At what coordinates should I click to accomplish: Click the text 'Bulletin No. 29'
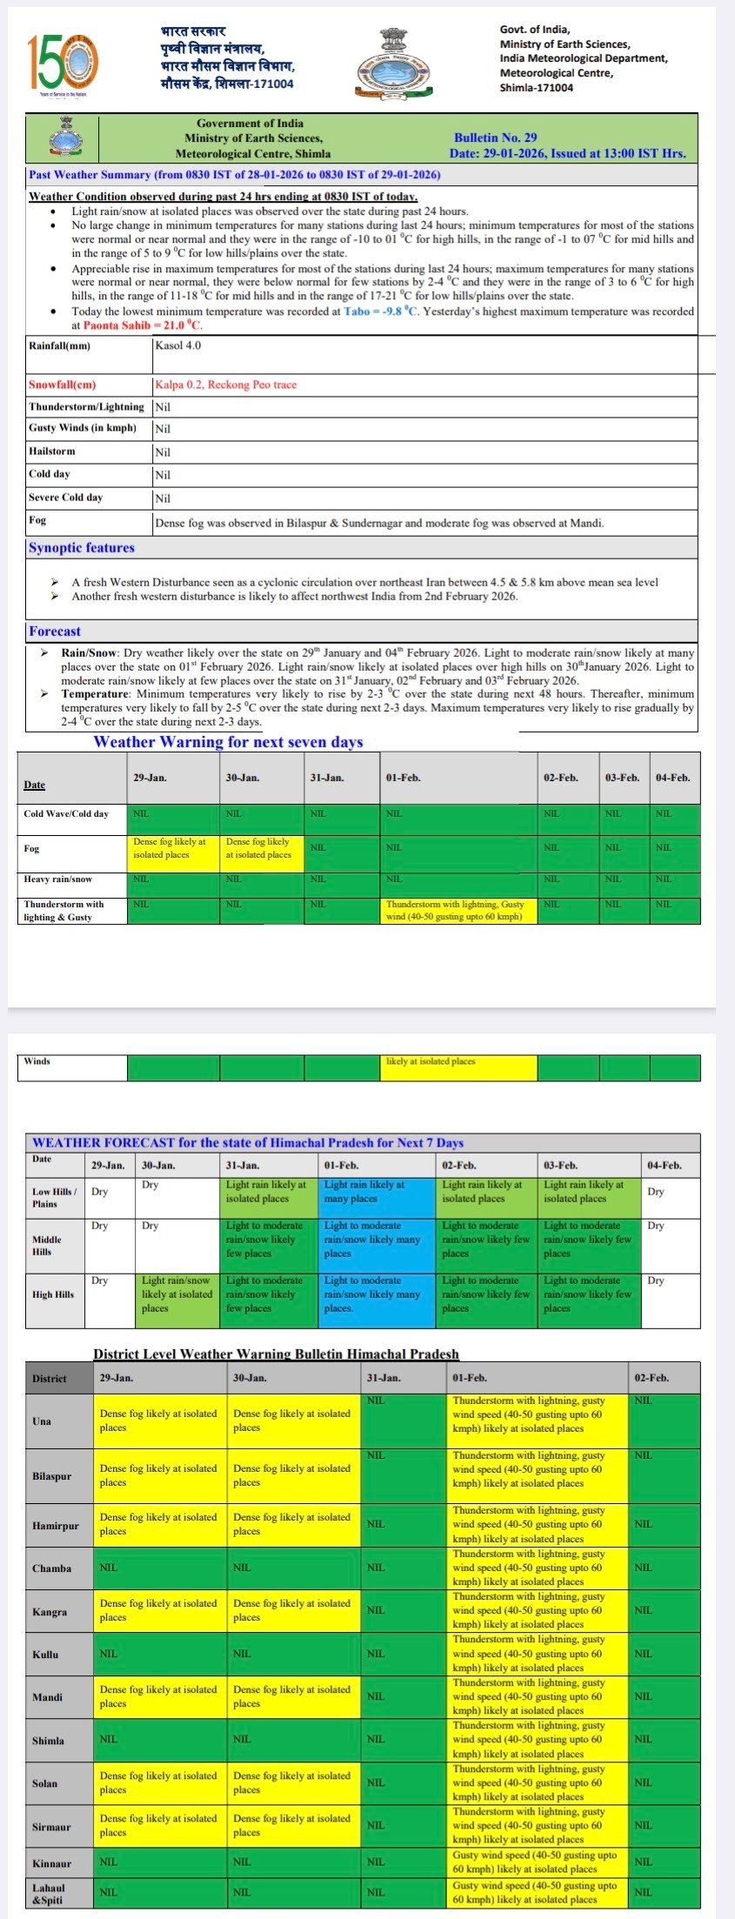tap(495, 137)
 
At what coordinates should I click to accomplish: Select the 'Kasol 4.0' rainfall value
tap(177, 345)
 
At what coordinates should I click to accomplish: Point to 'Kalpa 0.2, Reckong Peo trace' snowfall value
tap(225, 384)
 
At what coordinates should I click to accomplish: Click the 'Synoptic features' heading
tap(82, 548)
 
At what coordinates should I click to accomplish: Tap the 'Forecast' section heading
tap(55, 632)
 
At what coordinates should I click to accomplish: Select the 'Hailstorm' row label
tap(52, 451)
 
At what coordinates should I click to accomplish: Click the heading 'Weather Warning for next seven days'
tap(228, 742)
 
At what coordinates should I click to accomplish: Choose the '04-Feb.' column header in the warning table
tap(672, 778)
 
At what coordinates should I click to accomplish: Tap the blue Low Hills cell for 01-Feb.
tap(376, 1197)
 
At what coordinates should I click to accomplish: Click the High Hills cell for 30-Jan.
tap(177, 1301)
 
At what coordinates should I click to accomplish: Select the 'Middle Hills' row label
tap(47, 1246)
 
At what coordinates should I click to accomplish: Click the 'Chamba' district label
tap(51, 1568)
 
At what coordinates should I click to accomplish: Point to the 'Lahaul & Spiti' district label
tap(49, 1894)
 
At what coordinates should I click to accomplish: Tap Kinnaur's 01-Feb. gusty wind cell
tap(537, 1862)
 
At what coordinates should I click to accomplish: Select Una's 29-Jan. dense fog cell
tap(160, 1421)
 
